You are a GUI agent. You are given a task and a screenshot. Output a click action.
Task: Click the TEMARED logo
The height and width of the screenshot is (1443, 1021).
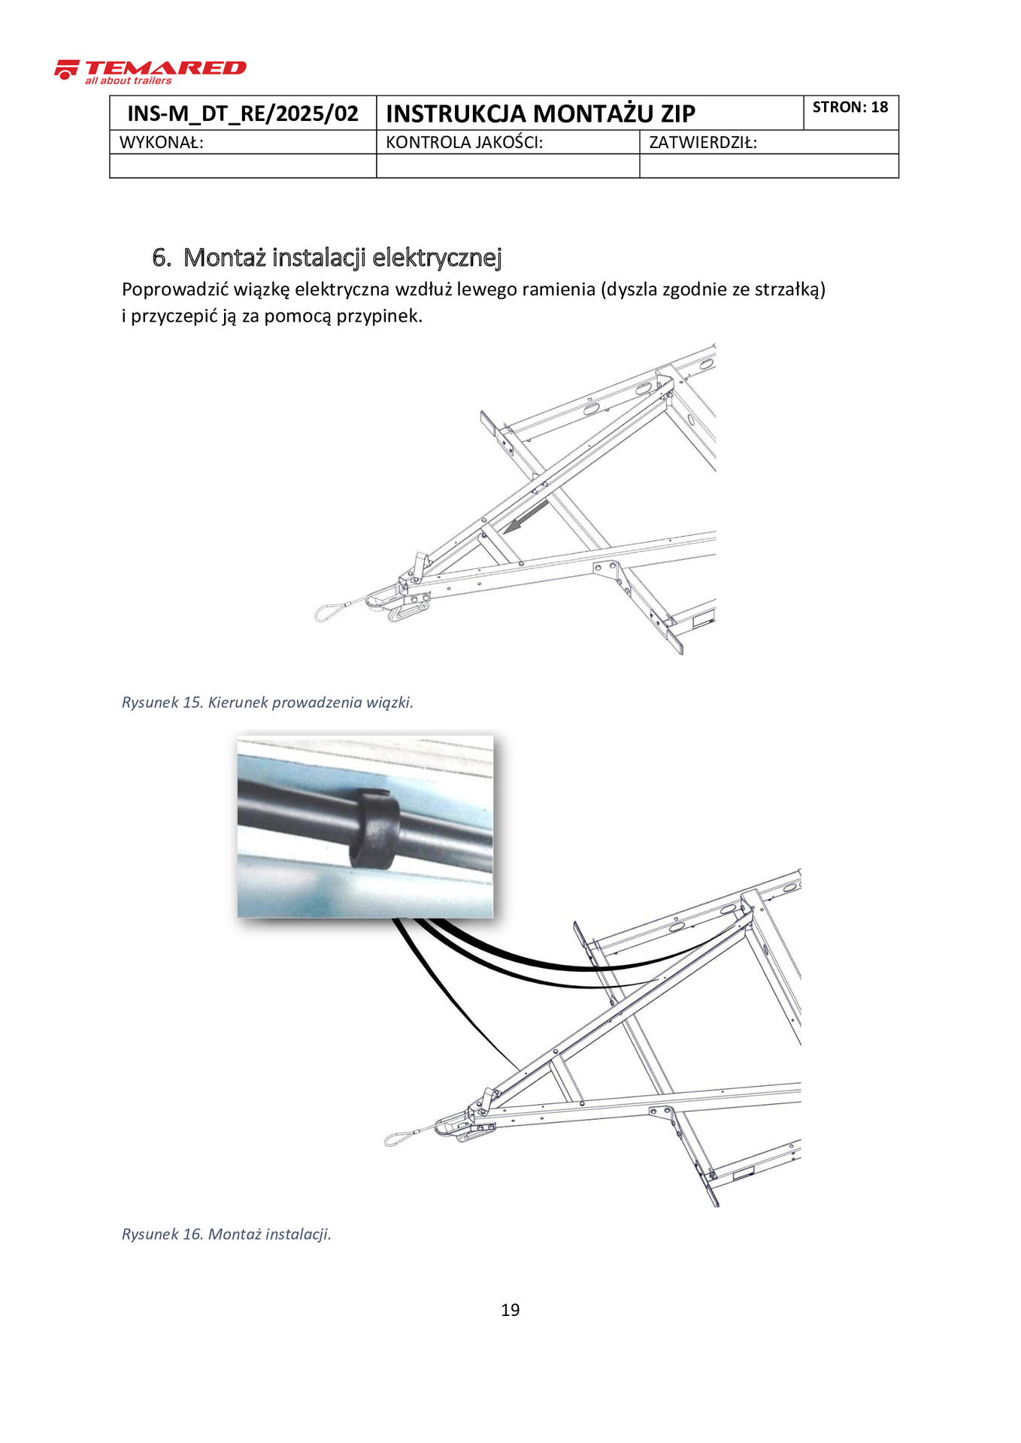150,69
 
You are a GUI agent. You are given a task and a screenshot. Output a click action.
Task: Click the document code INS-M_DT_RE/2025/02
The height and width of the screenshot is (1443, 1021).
243,113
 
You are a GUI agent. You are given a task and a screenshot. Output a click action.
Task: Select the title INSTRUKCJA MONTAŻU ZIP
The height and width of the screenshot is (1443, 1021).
540,113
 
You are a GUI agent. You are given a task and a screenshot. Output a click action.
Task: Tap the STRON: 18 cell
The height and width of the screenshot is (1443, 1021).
850,107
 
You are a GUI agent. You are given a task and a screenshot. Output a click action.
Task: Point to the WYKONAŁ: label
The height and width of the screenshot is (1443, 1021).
162,143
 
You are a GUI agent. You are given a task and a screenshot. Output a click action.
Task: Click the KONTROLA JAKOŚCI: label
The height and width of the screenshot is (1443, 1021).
464,143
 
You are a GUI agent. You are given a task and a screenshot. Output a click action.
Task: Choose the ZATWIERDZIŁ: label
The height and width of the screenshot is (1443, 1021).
702,143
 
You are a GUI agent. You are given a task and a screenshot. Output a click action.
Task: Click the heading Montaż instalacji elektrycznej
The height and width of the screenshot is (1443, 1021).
342,258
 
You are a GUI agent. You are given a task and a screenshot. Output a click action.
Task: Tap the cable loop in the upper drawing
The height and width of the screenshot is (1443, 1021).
329,613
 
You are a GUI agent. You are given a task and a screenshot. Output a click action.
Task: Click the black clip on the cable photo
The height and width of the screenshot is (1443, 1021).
374,830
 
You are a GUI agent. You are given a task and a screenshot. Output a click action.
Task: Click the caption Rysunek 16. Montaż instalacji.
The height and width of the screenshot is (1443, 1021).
226,1234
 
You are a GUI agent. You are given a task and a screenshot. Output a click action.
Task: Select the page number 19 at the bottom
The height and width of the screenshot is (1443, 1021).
510,1310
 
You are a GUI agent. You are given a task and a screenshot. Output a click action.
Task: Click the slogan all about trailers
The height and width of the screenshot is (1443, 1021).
128,81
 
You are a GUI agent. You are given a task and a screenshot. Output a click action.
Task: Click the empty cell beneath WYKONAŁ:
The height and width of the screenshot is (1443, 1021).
243,166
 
